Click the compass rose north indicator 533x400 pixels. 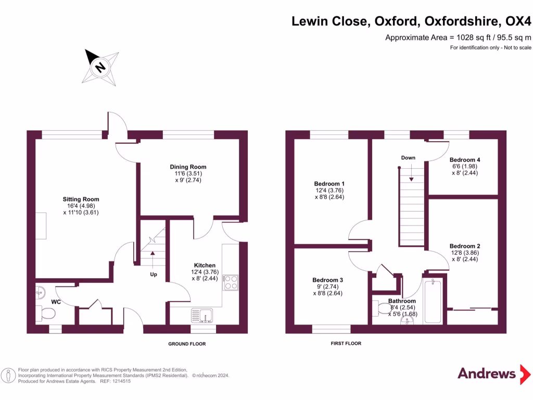click(100, 67)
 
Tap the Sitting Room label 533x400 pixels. click(81, 199)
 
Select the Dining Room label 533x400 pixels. click(188, 167)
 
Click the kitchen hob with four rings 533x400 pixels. click(231, 283)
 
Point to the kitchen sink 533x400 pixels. click(202, 315)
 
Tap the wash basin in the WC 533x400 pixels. click(40, 292)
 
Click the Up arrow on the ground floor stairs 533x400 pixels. click(153, 260)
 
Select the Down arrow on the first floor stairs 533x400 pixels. click(411, 173)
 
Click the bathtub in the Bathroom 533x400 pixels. click(433, 301)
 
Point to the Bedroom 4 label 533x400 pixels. click(465, 160)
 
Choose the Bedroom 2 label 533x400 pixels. click(465, 246)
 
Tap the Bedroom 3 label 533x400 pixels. click(328, 280)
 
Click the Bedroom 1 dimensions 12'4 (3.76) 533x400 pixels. click(329, 191)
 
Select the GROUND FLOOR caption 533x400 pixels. click(187, 344)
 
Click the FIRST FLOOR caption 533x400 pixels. click(346, 344)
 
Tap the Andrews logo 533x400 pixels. click(494, 374)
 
